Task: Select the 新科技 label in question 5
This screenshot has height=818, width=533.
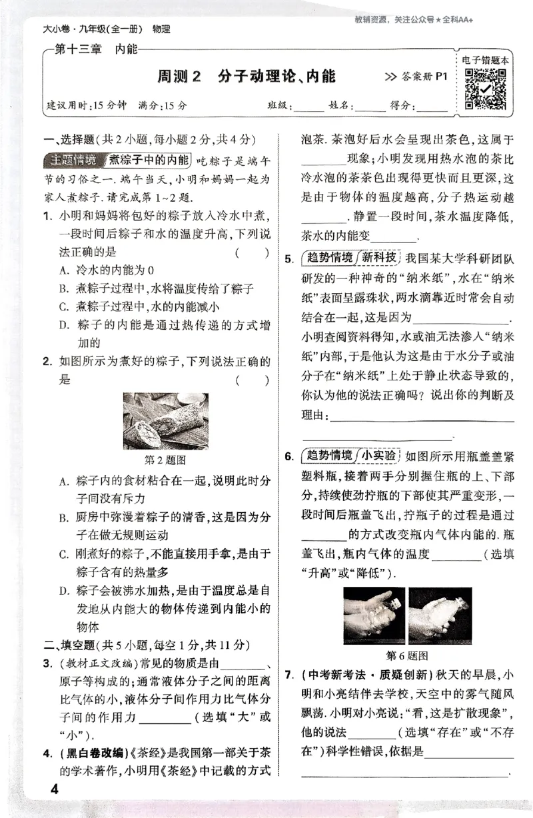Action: (x=379, y=257)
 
